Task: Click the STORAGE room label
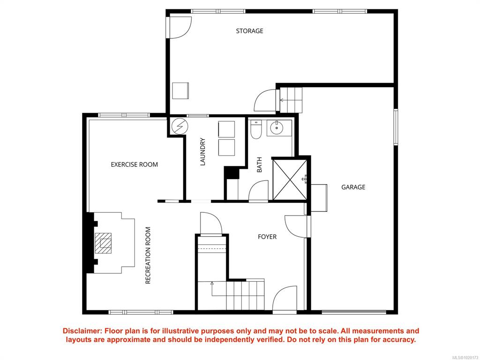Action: (249, 31)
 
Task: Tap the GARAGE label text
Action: (353, 187)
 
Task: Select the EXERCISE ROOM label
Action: (135, 165)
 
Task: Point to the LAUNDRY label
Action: (202, 152)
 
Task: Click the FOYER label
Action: (267, 237)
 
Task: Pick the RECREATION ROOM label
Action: (148, 255)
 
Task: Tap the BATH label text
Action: (259, 165)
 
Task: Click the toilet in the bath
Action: (256, 129)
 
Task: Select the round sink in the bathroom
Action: (277, 127)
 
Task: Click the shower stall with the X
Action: (290, 180)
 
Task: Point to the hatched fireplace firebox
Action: (103, 243)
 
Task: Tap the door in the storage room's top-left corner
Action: (179, 28)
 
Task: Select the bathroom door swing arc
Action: (258, 191)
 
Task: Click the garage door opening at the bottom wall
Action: (354, 312)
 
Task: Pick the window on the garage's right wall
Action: (396, 127)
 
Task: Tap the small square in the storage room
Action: (180, 90)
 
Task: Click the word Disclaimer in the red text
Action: (82, 331)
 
